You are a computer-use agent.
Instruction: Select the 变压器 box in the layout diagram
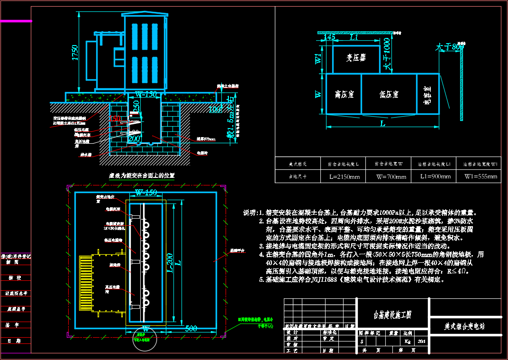(356, 58)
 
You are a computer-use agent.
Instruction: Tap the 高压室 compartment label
(344, 94)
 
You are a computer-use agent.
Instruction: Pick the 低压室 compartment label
(389, 94)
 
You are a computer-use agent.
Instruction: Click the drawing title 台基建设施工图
(393, 314)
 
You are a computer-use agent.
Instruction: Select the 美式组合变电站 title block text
(464, 326)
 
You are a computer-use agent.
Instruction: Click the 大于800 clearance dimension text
(450, 47)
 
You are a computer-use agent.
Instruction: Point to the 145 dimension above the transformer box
(329, 37)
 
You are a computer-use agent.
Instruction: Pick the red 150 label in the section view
(115, 119)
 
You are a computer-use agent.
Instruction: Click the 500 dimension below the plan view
(191, 328)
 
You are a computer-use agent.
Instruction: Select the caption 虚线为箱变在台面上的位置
(142, 175)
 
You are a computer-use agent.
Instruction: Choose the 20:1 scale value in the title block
(422, 342)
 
